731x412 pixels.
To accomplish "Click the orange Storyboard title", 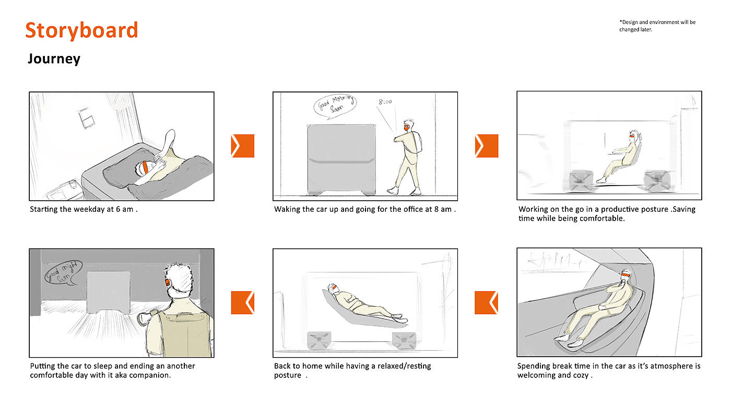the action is [81, 30].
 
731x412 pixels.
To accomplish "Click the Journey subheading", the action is [54, 59].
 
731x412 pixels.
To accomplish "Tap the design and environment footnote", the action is [657, 26].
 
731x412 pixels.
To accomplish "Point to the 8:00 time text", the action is [385, 102].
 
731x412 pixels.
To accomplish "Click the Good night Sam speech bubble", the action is [63, 273].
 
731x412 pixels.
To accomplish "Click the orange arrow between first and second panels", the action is [242, 146].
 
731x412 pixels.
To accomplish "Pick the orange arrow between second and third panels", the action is [487, 146].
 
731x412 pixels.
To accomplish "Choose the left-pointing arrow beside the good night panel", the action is [242, 303].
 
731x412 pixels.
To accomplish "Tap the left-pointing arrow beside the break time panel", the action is [486, 303].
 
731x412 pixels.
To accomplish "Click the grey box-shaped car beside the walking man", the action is [341, 159].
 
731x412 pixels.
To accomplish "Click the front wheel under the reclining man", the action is [404, 341].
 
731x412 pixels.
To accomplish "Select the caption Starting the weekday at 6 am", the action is [84, 210].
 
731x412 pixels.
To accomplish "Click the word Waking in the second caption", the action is [286, 210].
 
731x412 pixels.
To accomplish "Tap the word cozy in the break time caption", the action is [581, 375].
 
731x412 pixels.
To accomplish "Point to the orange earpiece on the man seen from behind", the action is [168, 282].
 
